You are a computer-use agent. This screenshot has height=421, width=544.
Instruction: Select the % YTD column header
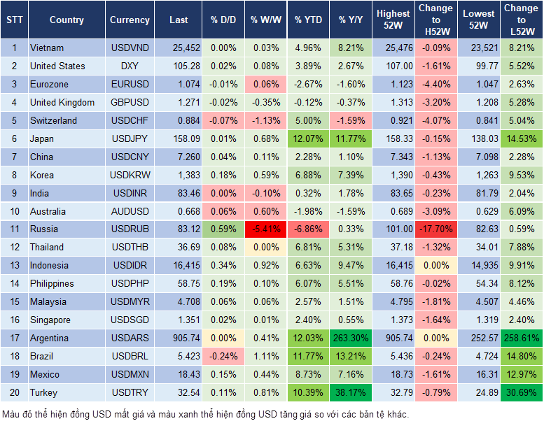click(308, 20)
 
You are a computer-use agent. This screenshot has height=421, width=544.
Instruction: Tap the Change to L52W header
click(521, 20)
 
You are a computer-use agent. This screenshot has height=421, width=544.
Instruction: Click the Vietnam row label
click(47, 48)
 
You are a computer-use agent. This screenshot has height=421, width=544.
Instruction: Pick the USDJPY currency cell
click(130, 138)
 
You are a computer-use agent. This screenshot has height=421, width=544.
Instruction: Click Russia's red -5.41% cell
click(265, 229)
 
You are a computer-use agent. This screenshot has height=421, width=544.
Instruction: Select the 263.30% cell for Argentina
click(351, 338)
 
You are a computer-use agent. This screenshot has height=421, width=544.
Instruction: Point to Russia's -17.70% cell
click(435, 229)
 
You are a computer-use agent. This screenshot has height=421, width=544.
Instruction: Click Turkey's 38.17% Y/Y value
click(351, 392)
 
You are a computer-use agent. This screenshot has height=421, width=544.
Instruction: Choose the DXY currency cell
click(130, 66)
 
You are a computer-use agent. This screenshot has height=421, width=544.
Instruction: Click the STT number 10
click(13, 211)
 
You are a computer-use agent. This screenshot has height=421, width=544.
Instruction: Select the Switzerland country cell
click(53, 120)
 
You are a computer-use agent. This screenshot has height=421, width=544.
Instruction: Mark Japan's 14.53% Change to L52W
click(521, 138)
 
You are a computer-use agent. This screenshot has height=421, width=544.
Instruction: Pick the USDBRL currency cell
click(130, 356)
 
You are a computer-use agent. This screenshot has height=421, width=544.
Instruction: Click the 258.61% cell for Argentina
click(521, 338)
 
